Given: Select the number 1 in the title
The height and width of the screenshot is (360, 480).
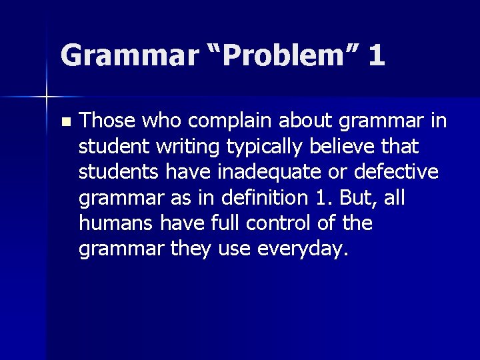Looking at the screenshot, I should point(375,55).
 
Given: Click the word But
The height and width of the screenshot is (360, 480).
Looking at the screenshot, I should point(361,198).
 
